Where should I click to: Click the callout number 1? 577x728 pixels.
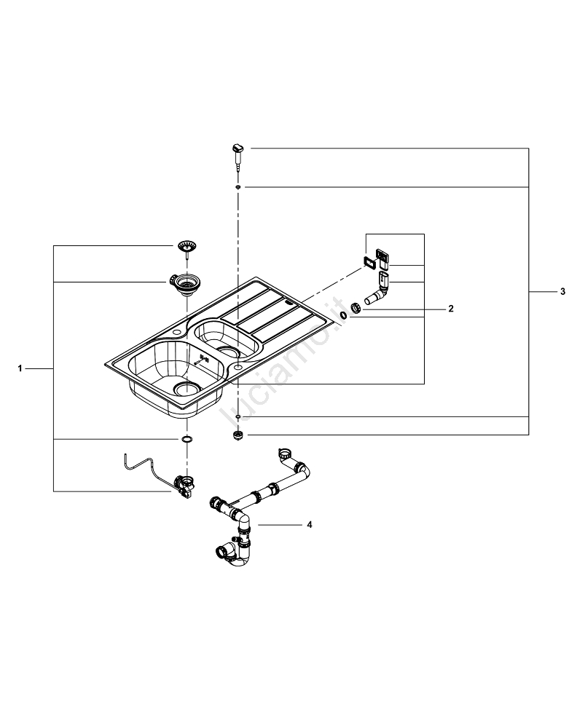click(20, 369)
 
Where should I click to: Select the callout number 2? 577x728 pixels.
click(451, 309)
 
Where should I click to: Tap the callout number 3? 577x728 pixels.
click(562, 291)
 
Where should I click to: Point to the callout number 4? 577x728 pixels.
click(310, 524)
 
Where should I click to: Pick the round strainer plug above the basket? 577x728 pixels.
click(187, 247)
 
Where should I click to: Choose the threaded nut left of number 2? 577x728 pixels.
click(357, 308)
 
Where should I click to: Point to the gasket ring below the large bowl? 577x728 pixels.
click(187, 440)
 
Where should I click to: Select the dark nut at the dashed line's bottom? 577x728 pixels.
click(238, 435)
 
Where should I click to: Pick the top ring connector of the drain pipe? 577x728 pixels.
click(284, 456)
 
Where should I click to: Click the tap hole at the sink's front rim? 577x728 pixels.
click(238, 369)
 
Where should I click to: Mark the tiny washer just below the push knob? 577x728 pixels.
click(238, 187)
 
